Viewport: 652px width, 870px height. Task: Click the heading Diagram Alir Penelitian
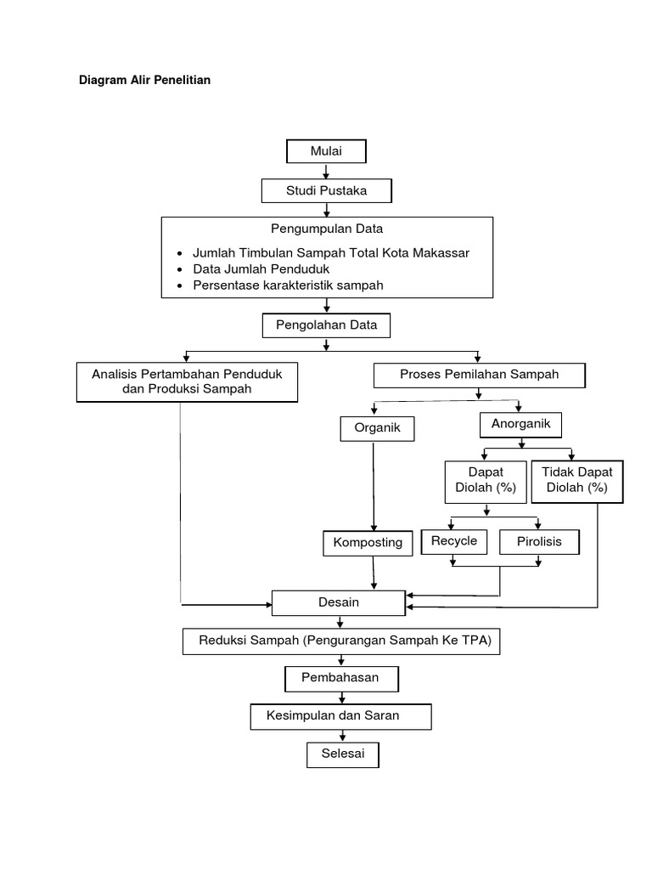(x=144, y=81)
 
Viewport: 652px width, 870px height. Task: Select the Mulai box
(x=326, y=152)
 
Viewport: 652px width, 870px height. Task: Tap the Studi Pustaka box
(x=326, y=191)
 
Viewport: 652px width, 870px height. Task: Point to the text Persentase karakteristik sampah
(x=288, y=285)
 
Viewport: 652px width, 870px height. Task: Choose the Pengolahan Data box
(x=326, y=325)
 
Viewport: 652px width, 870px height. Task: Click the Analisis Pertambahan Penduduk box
(x=187, y=381)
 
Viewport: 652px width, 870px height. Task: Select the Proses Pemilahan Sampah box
(x=479, y=375)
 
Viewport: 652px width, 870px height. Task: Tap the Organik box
(x=376, y=429)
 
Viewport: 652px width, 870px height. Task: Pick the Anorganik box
(x=521, y=422)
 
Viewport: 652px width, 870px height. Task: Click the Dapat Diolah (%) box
(x=486, y=481)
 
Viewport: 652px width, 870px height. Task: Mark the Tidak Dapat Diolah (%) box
(x=577, y=481)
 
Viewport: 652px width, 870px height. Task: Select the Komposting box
(x=368, y=543)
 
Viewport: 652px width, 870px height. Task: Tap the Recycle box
(x=454, y=541)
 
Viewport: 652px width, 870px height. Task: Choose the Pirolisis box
(x=539, y=542)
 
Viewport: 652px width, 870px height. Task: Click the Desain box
(x=339, y=602)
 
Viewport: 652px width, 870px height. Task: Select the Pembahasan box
(x=341, y=678)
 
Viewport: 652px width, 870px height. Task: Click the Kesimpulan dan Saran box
(x=340, y=716)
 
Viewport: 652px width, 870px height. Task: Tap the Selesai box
(x=341, y=754)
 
